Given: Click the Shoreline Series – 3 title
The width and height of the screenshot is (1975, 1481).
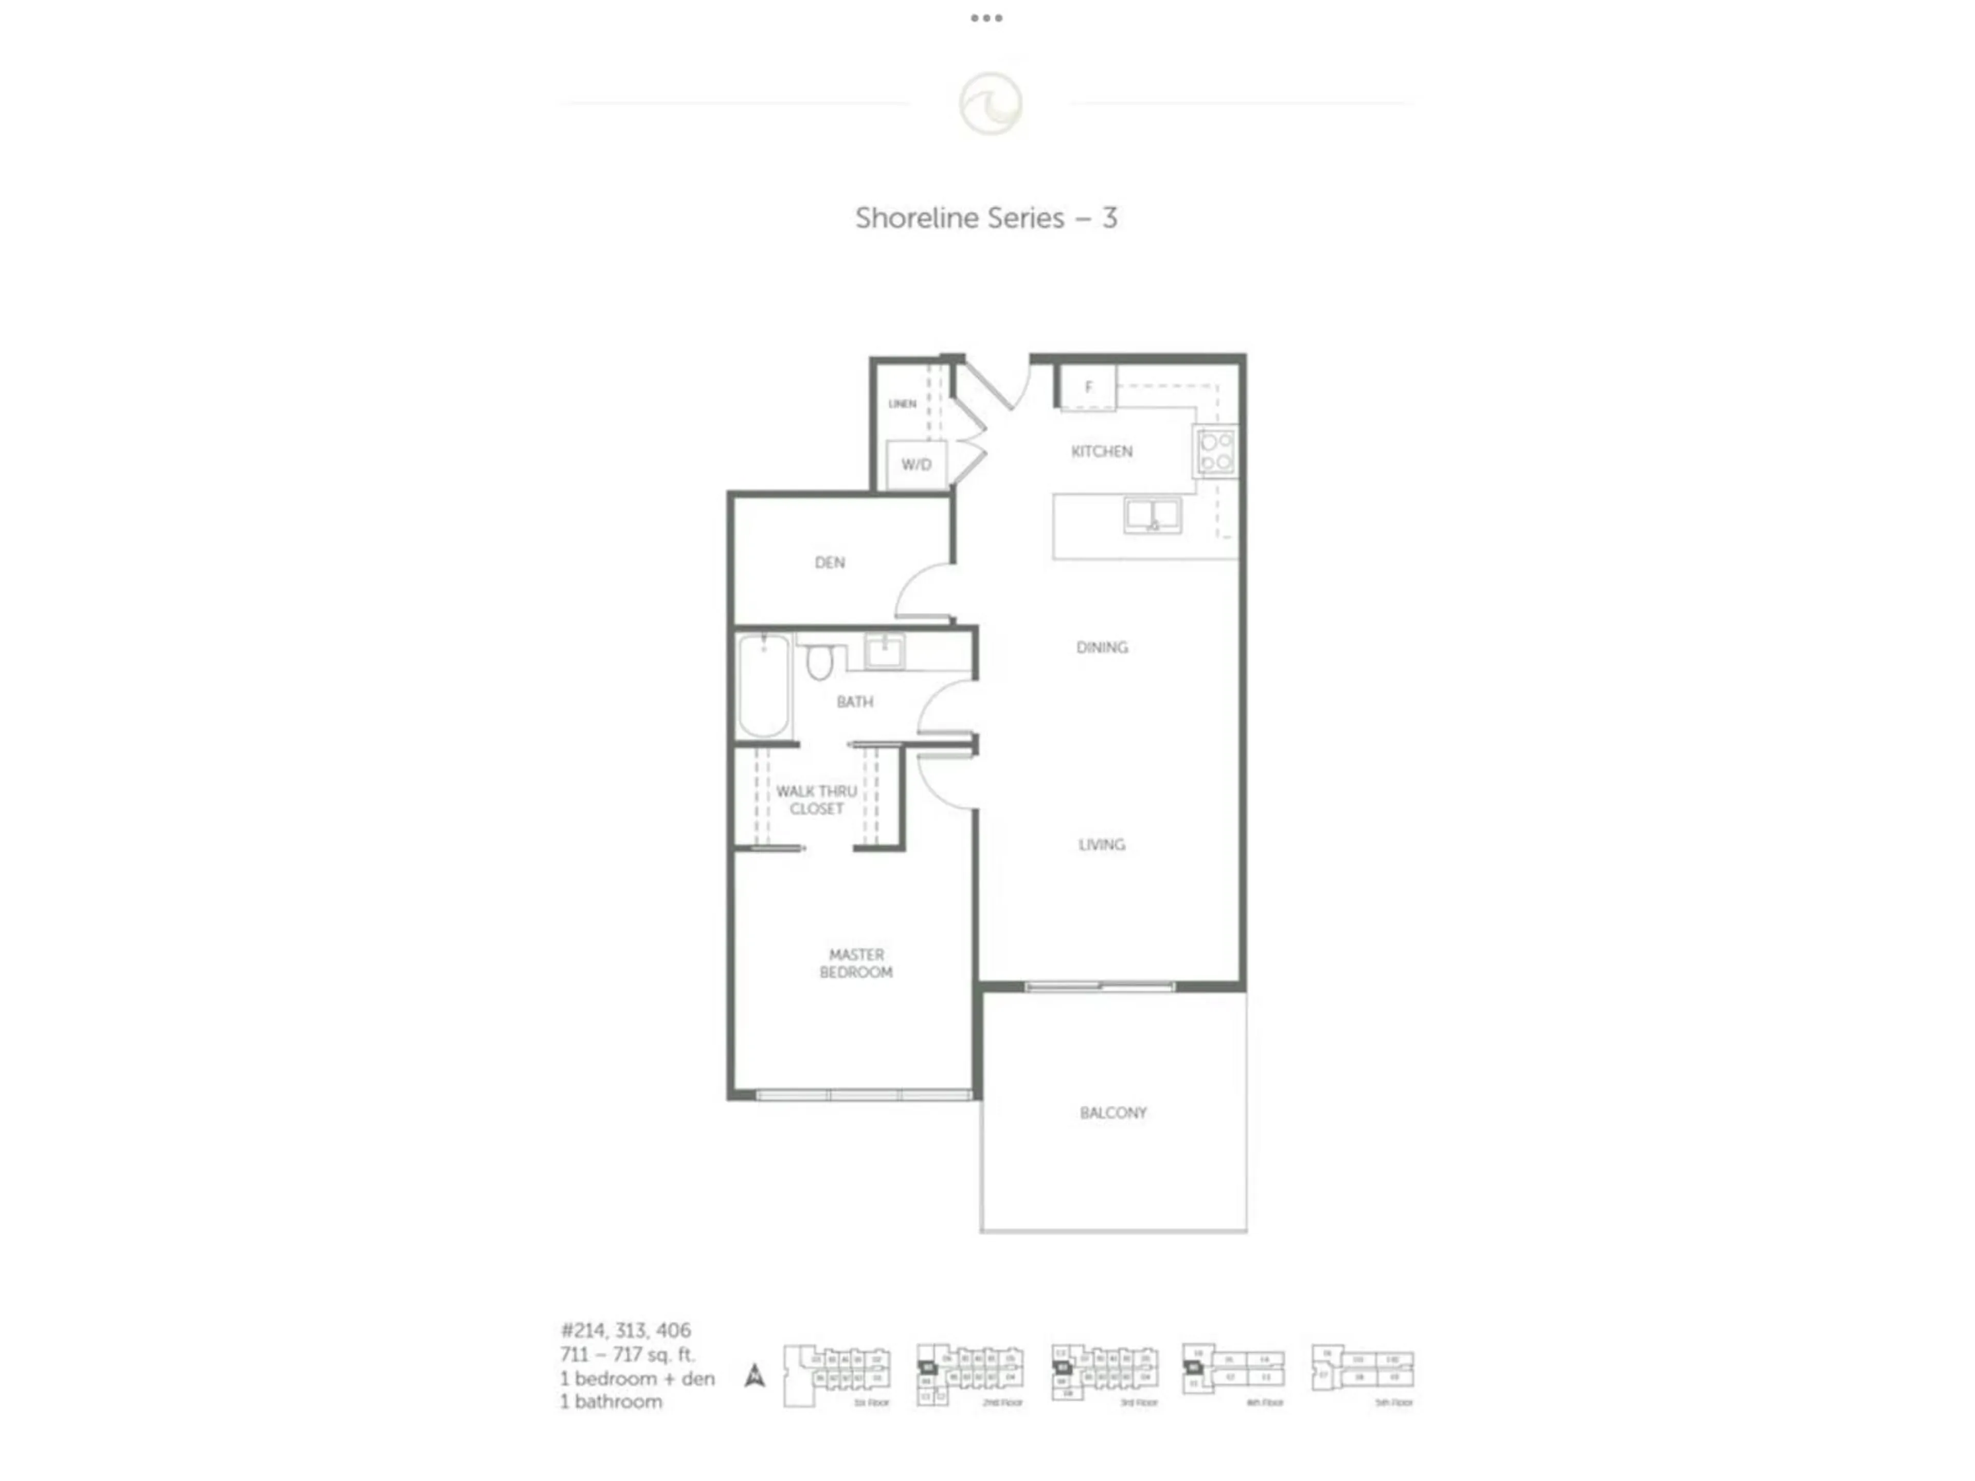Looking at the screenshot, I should coord(986,218).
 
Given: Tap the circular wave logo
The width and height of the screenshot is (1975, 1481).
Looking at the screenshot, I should coord(990,103).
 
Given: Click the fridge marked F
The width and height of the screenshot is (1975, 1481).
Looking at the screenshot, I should coord(1087,387).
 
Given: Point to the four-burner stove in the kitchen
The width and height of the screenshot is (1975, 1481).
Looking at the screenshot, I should coord(1215,451).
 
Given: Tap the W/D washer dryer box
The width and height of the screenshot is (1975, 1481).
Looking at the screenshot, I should coord(916,465).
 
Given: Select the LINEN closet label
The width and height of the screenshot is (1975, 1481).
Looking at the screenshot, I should coord(902,404).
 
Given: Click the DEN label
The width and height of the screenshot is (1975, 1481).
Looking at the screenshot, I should coord(830,563).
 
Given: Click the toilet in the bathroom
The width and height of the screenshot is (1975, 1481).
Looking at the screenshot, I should coord(819,661).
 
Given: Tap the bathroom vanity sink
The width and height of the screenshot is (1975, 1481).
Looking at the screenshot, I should coord(884,651).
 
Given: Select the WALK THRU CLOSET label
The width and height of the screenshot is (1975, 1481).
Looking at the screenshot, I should coord(816,800).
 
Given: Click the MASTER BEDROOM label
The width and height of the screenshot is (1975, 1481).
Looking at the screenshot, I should coord(855,963).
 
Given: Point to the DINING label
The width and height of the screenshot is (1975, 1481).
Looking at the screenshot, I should coord(1102,647).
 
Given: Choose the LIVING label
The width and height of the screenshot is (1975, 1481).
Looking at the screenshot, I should coord(1102,844).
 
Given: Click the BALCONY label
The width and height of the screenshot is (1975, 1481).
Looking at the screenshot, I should coord(1112,1113).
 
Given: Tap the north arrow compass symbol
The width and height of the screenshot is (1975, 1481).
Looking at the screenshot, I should coord(755,1376).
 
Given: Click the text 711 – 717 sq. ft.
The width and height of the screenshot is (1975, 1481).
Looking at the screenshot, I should coord(627,1354).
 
